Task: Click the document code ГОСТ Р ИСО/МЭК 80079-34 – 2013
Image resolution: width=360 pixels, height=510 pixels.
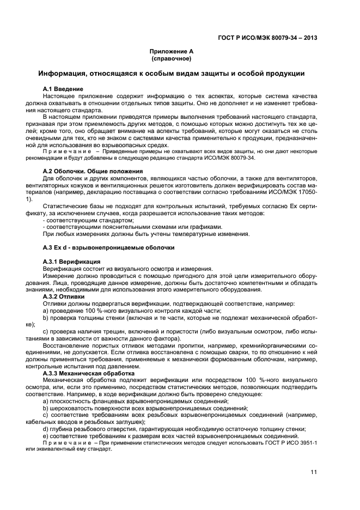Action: coord(266,38)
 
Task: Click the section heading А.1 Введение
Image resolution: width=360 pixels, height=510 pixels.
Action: coord(63,88)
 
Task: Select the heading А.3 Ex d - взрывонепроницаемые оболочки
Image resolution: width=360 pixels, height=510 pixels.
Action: coord(108,248)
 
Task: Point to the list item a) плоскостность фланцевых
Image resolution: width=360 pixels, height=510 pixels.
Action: coord(135,400)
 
